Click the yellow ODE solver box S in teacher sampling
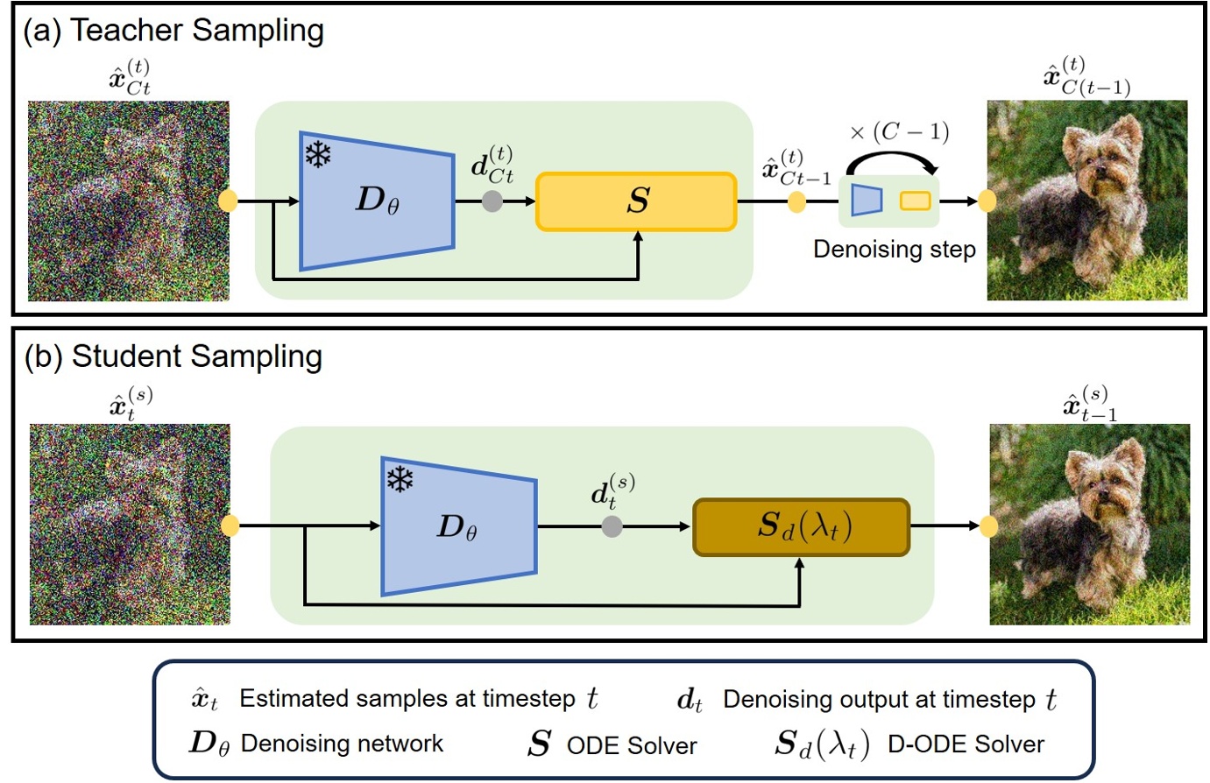pyautogui.click(x=636, y=201)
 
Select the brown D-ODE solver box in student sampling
pyautogui.click(x=801, y=526)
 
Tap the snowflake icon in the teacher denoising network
pyautogui.click(x=317, y=155)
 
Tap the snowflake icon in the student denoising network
pyautogui.click(x=400, y=479)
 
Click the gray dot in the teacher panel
pyautogui.click(x=492, y=201)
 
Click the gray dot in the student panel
pyautogui.click(x=612, y=526)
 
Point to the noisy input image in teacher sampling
pyautogui.click(x=129, y=201)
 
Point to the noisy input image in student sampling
pyautogui.click(x=130, y=524)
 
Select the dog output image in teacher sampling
pyautogui.click(x=1087, y=201)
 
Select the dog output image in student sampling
pyautogui.click(x=1089, y=524)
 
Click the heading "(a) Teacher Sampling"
pyautogui.click(x=173, y=31)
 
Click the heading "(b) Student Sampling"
pyautogui.click(x=173, y=356)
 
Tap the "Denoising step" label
pyautogui.click(x=894, y=250)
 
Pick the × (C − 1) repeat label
pyautogui.click(x=899, y=132)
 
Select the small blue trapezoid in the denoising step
pyautogui.click(x=867, y=201)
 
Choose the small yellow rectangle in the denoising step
pyautogui.click(x=915, y=201)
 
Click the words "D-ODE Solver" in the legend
pyautogui.click(x=966, y=744)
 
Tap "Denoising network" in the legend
pyautogui.click(x=342, y=744)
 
